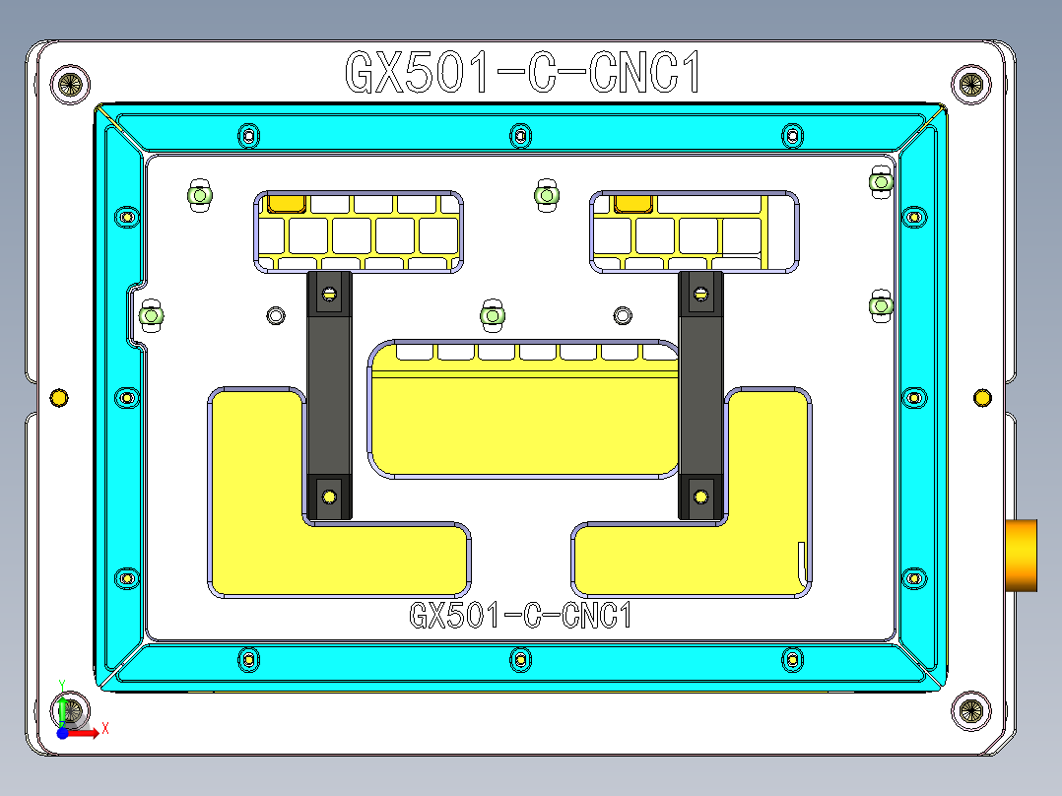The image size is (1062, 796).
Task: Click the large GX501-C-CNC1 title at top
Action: tap(522, 73)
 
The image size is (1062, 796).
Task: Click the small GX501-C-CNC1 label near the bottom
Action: tap(519, 617)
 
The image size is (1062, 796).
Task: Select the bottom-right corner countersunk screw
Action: tap(970, 709)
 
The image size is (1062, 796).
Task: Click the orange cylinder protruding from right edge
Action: tap(1022, 555)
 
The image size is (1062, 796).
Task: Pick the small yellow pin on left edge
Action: tap(58, 398)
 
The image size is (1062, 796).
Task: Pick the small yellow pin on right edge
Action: tap(982, 397)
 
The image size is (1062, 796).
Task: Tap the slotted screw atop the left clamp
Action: tap(329, 293)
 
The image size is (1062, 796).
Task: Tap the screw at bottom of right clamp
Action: tap(700, 496)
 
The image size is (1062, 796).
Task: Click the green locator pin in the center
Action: tap(492, 315)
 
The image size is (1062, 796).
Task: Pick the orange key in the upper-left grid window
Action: tap(287, 204)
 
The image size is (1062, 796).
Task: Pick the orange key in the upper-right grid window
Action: tap(631, 204)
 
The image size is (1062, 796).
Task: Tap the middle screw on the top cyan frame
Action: tap(520, 135)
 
